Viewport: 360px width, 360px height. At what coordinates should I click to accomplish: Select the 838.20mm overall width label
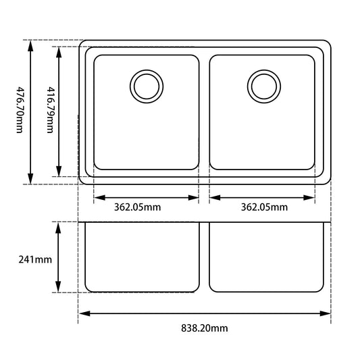point(204,328)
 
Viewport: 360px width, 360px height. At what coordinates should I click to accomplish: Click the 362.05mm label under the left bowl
point(137,207)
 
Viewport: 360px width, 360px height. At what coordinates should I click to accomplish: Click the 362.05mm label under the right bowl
point(264,207)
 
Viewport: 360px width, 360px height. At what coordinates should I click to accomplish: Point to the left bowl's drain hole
point(146,86)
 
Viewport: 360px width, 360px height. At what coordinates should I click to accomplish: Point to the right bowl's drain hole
point(263,86)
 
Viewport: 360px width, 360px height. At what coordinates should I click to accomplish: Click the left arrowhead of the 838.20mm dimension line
point(83,313)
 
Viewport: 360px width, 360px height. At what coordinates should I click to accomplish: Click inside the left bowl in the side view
point(142,257)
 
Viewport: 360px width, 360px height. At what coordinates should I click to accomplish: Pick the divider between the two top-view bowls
point(205,111)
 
